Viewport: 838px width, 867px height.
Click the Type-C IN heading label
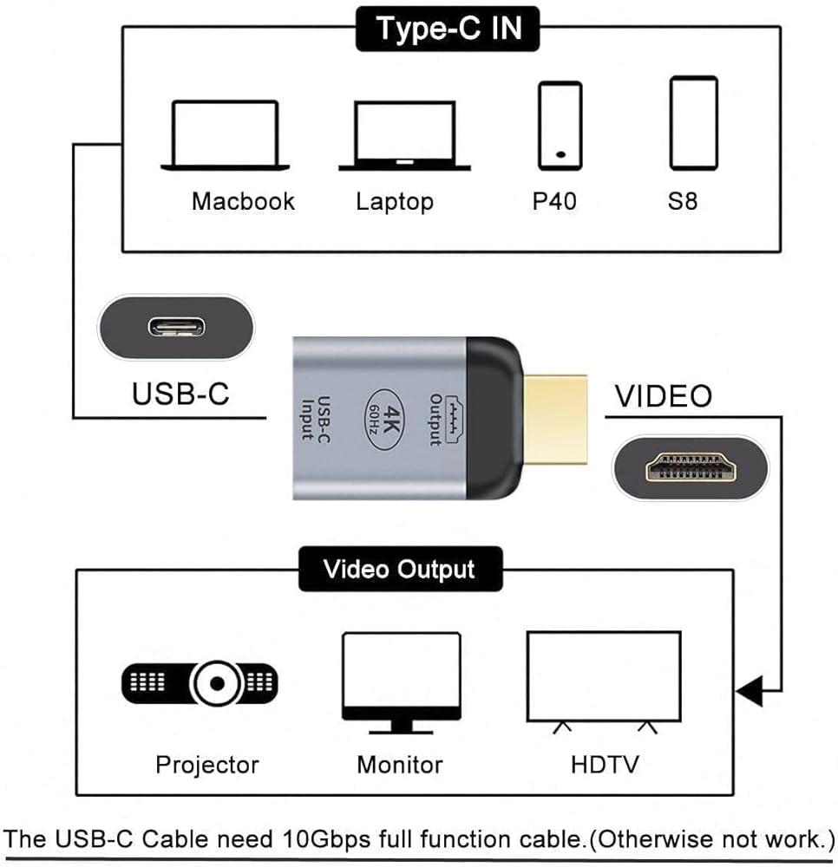click(x=448, y=28)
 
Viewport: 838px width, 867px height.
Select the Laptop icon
click(x=404, y=135)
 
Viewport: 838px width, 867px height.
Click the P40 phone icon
click(x=560, y=125)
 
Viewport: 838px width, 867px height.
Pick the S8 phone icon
click(x=693, y=123)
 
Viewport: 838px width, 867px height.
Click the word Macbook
click(x=243, y=201)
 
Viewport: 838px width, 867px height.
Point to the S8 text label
click(x=683, y=201)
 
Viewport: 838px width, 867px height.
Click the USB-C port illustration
click(x=176, y=327)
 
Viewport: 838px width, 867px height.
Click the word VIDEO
click(x=663, y=396)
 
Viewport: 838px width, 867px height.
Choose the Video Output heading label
click(x=399, y=569)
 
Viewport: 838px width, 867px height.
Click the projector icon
click(x=199, y=684)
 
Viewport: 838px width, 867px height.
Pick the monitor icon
click(x=401, y=681)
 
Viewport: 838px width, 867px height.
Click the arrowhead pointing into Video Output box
click(x=750, y=691)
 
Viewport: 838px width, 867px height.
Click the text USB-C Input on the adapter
click(x=315, y=418)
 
